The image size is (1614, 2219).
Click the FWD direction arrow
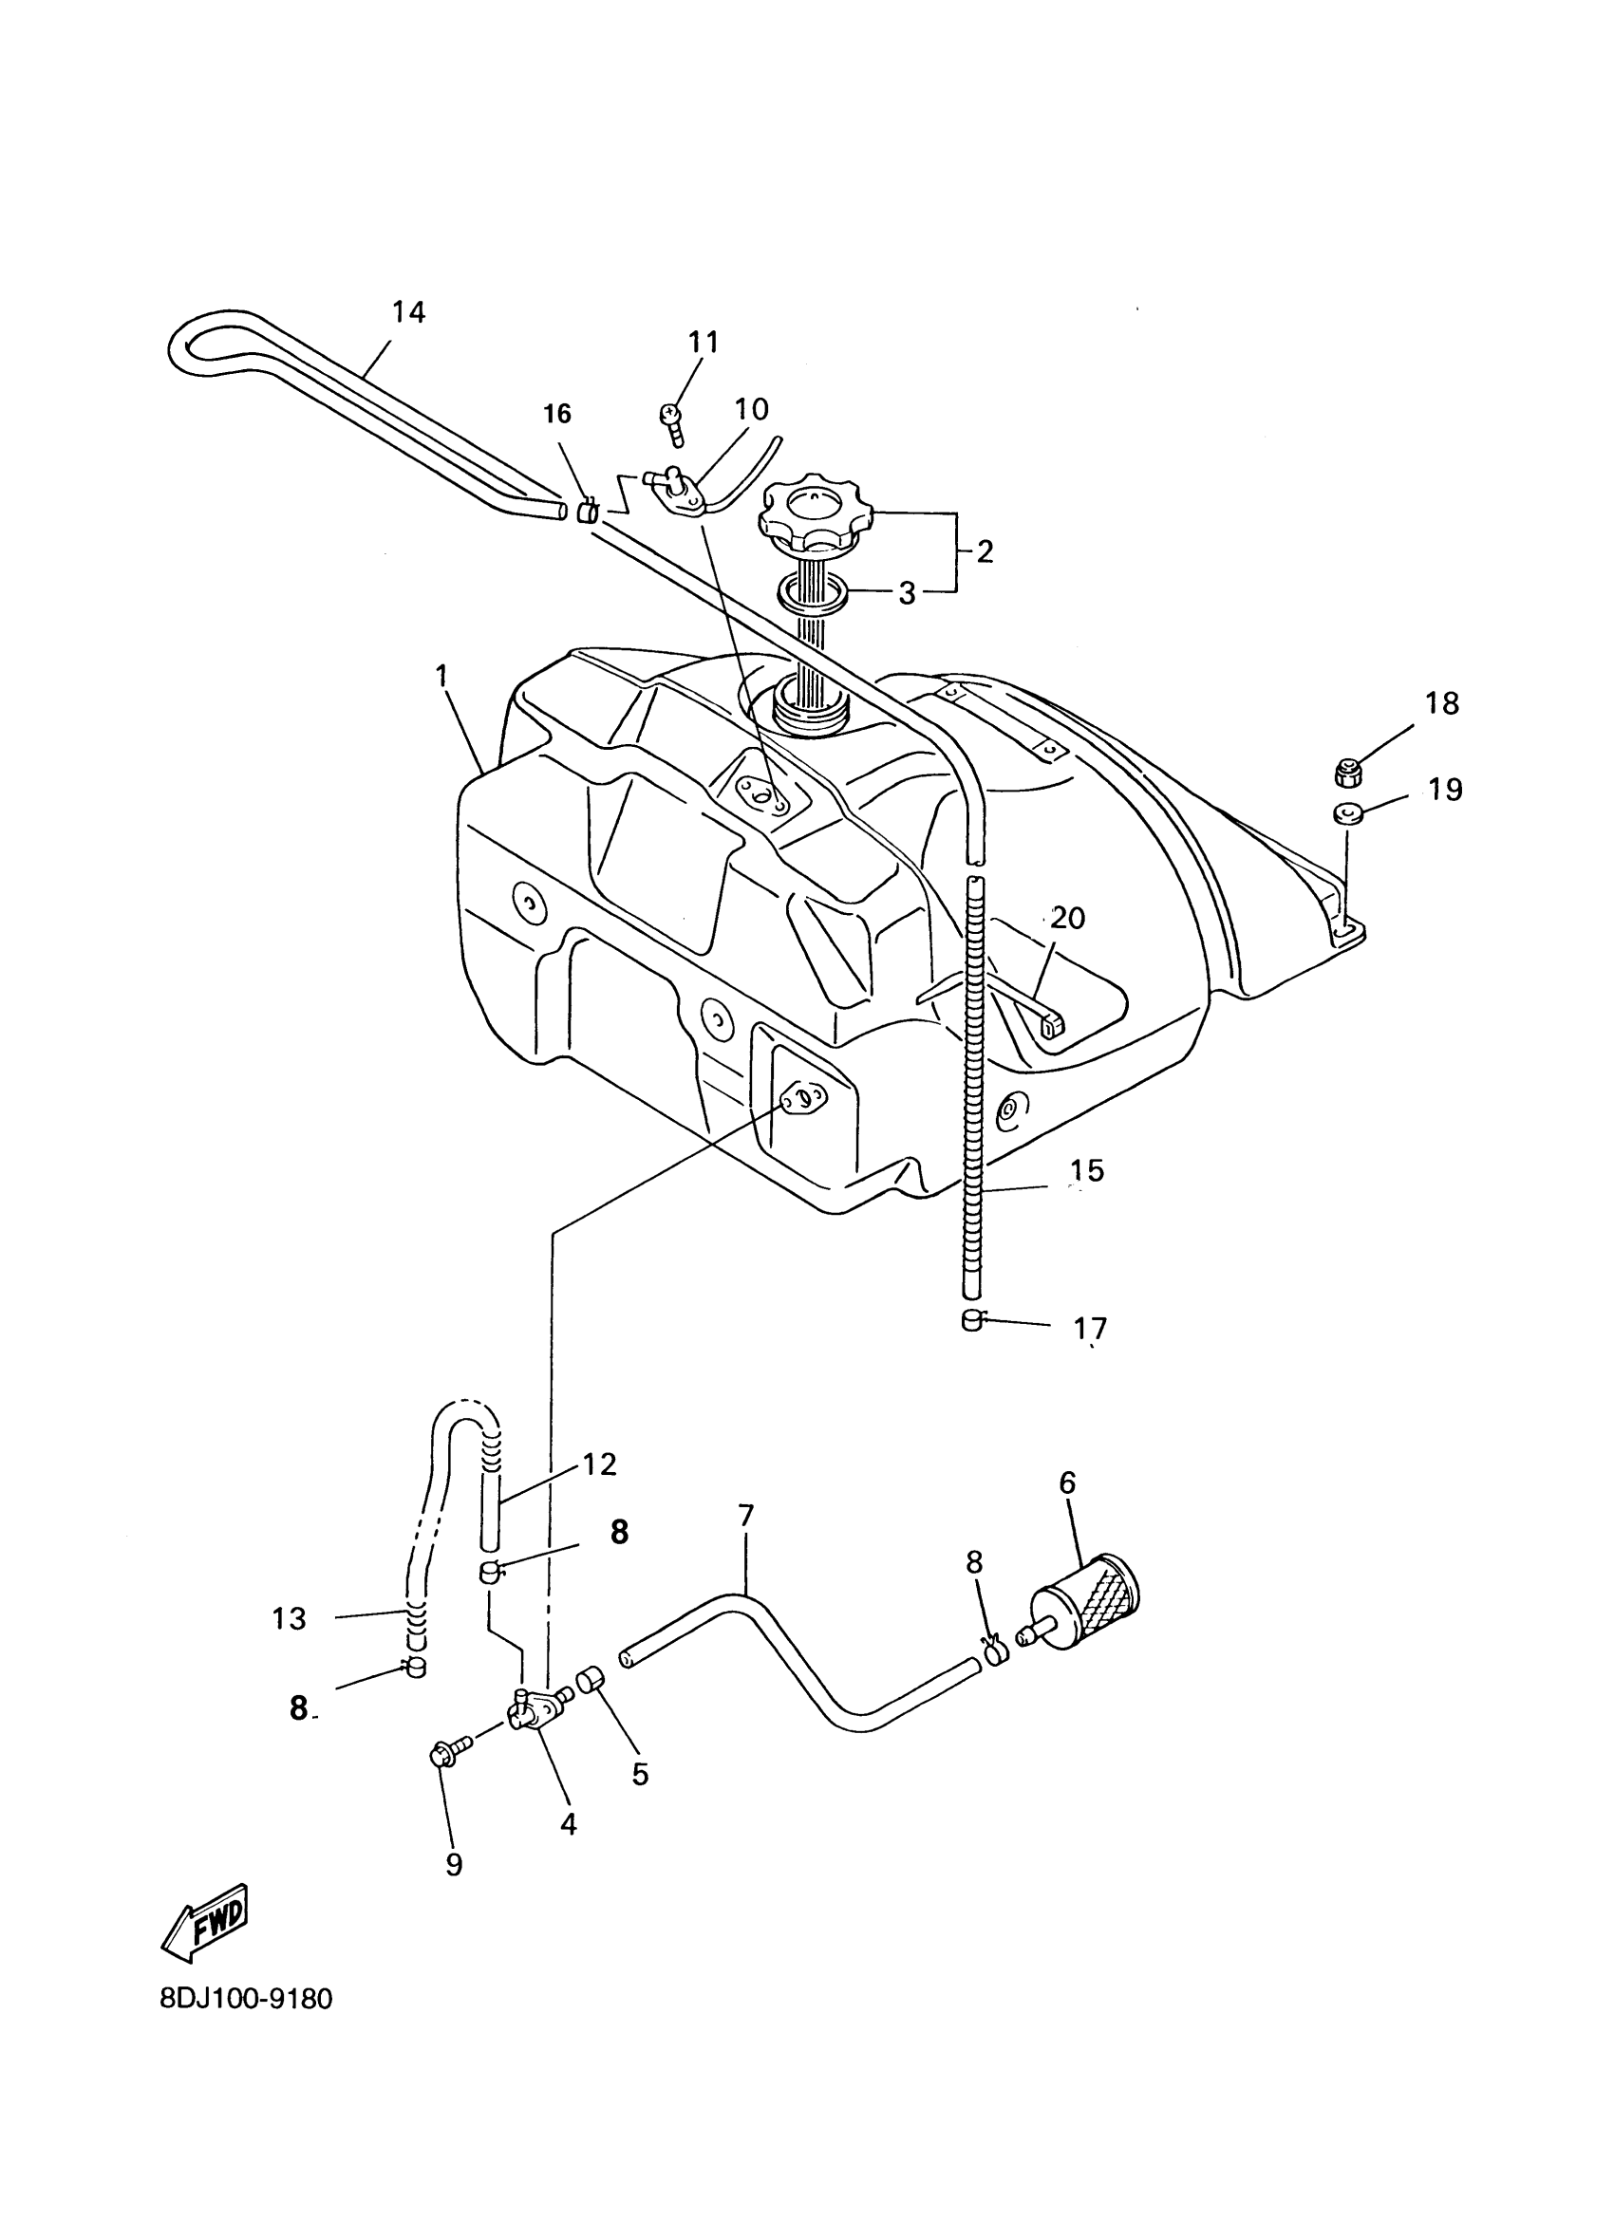coord(207,1922)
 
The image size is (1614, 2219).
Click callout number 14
coord(409,313)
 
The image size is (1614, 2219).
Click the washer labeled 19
coord(1347,813)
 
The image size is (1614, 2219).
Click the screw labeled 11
coord(672,421)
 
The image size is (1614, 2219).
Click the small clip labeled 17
coord(973,1322)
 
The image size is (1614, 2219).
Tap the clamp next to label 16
coord(587,511)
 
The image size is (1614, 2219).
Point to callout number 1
coord(441,675)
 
